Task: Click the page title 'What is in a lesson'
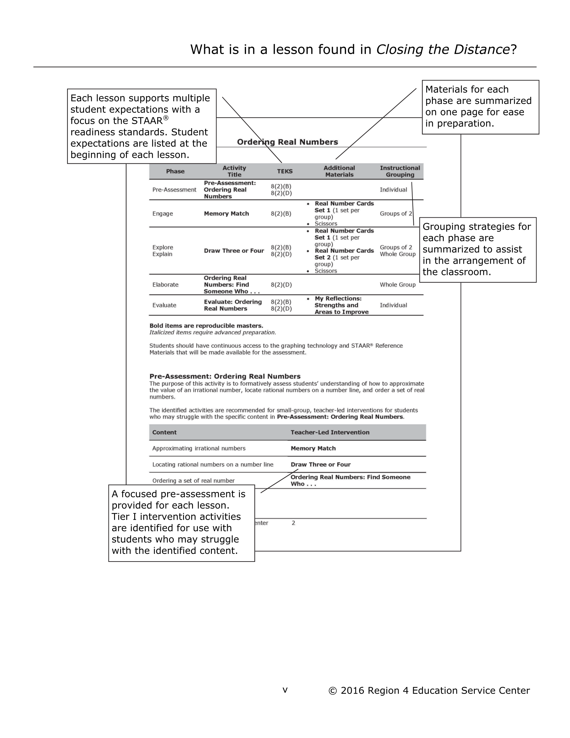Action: click(353, 49)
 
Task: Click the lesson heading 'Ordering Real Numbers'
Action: click(287, 142)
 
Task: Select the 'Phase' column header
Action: click(175, 171)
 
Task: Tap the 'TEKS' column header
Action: click(284, 171)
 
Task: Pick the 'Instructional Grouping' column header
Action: click(400, 171)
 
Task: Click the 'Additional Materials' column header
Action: click(339, 171)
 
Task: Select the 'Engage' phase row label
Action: click(163, 214)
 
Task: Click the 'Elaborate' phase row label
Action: click(165, 284)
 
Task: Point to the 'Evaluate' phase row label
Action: click(164, 305)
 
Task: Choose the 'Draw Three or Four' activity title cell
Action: click(234, 251)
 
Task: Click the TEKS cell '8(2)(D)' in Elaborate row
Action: click(281, 284)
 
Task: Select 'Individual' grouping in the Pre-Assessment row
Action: click(393, 190)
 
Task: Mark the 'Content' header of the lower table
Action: click(164, 432)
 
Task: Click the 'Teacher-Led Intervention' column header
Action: click(330, 432)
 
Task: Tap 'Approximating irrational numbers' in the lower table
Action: click(199, 448)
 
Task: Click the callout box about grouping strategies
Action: click(477, 249)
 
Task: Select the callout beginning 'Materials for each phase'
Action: click(480, 107)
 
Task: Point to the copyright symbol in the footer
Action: click(333, 691)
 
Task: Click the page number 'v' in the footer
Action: click(285, 690)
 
